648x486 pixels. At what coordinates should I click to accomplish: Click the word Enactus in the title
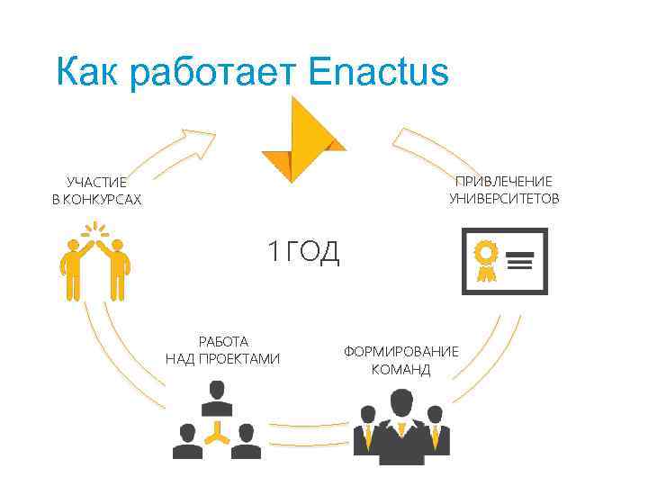coord(377,72)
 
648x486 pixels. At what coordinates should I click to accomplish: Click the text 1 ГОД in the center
coord(302,253)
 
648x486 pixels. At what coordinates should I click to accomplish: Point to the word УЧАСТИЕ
coord(97,182)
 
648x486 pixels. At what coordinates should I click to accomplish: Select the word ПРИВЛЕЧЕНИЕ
coord(504,181)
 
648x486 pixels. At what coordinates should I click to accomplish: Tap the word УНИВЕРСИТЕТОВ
coord(504,198)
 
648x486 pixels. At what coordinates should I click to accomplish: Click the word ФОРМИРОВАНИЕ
coord(400,351)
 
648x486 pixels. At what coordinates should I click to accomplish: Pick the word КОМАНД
coord(400,369)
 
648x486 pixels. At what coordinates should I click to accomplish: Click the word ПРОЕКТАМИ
coord(238,359)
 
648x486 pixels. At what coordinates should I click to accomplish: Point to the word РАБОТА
coord(223,341)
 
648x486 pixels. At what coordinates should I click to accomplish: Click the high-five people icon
coord(94,261)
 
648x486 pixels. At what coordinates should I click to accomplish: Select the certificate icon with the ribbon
coord(503,261)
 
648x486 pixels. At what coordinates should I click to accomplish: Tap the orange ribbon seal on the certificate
coord(485,256)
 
